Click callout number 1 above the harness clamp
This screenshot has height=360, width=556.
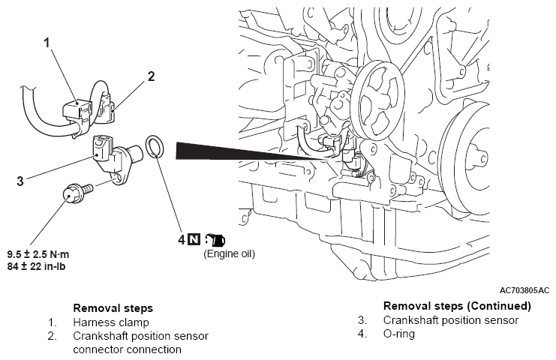[47, 43]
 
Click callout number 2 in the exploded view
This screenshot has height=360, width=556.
[151, 76]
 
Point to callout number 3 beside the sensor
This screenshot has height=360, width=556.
[20, 181]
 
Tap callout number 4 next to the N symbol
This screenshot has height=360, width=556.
[182, 239]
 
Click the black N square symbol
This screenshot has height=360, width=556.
[194, 239]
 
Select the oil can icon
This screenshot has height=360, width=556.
[215, 240]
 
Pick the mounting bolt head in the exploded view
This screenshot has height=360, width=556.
[71, 194]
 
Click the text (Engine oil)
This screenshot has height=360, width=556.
[229, 253]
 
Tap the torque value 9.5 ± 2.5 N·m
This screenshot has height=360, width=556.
[38, 254]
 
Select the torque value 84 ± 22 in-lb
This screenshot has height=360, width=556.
[36, 266]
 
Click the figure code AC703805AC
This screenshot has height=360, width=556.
[524, 290]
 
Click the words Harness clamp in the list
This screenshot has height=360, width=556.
[111, 322]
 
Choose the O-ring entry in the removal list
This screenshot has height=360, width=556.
[399, 334]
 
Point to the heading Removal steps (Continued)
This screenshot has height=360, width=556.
[457, 306]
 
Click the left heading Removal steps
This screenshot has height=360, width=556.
[113, 308]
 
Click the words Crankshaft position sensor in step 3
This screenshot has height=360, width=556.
[451, 320]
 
